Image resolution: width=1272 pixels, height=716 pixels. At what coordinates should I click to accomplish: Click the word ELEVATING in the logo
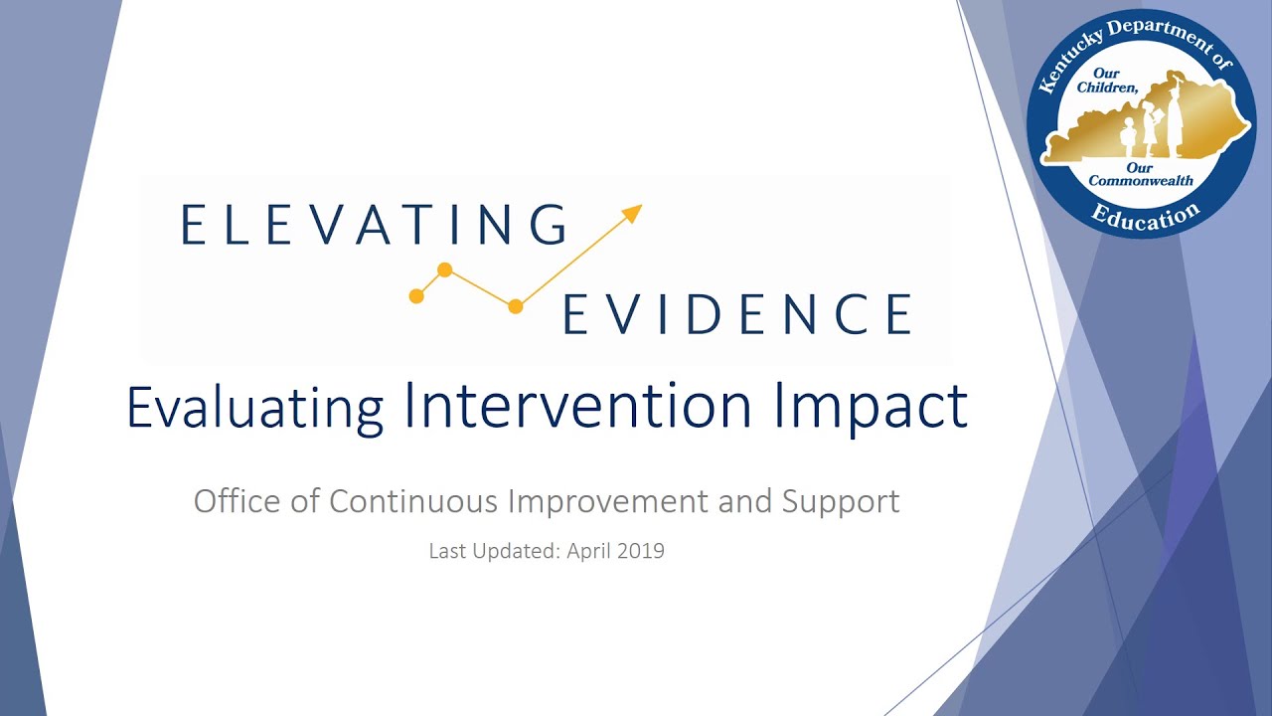point(374,224)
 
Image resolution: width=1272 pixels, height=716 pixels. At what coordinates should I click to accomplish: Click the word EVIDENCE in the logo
point(736,314)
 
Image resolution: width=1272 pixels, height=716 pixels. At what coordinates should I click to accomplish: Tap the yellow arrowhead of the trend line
point(632,212)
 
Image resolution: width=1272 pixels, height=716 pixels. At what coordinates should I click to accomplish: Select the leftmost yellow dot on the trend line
point(416,296)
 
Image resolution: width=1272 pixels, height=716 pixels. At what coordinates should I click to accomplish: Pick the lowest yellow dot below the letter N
point(515,307)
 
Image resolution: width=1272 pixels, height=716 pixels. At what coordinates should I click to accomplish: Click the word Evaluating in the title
point(254,407)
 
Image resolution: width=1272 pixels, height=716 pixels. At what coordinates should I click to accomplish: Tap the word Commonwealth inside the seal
point(1141,181)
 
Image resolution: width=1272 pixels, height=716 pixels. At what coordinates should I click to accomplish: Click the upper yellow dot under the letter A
point(445,269)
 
